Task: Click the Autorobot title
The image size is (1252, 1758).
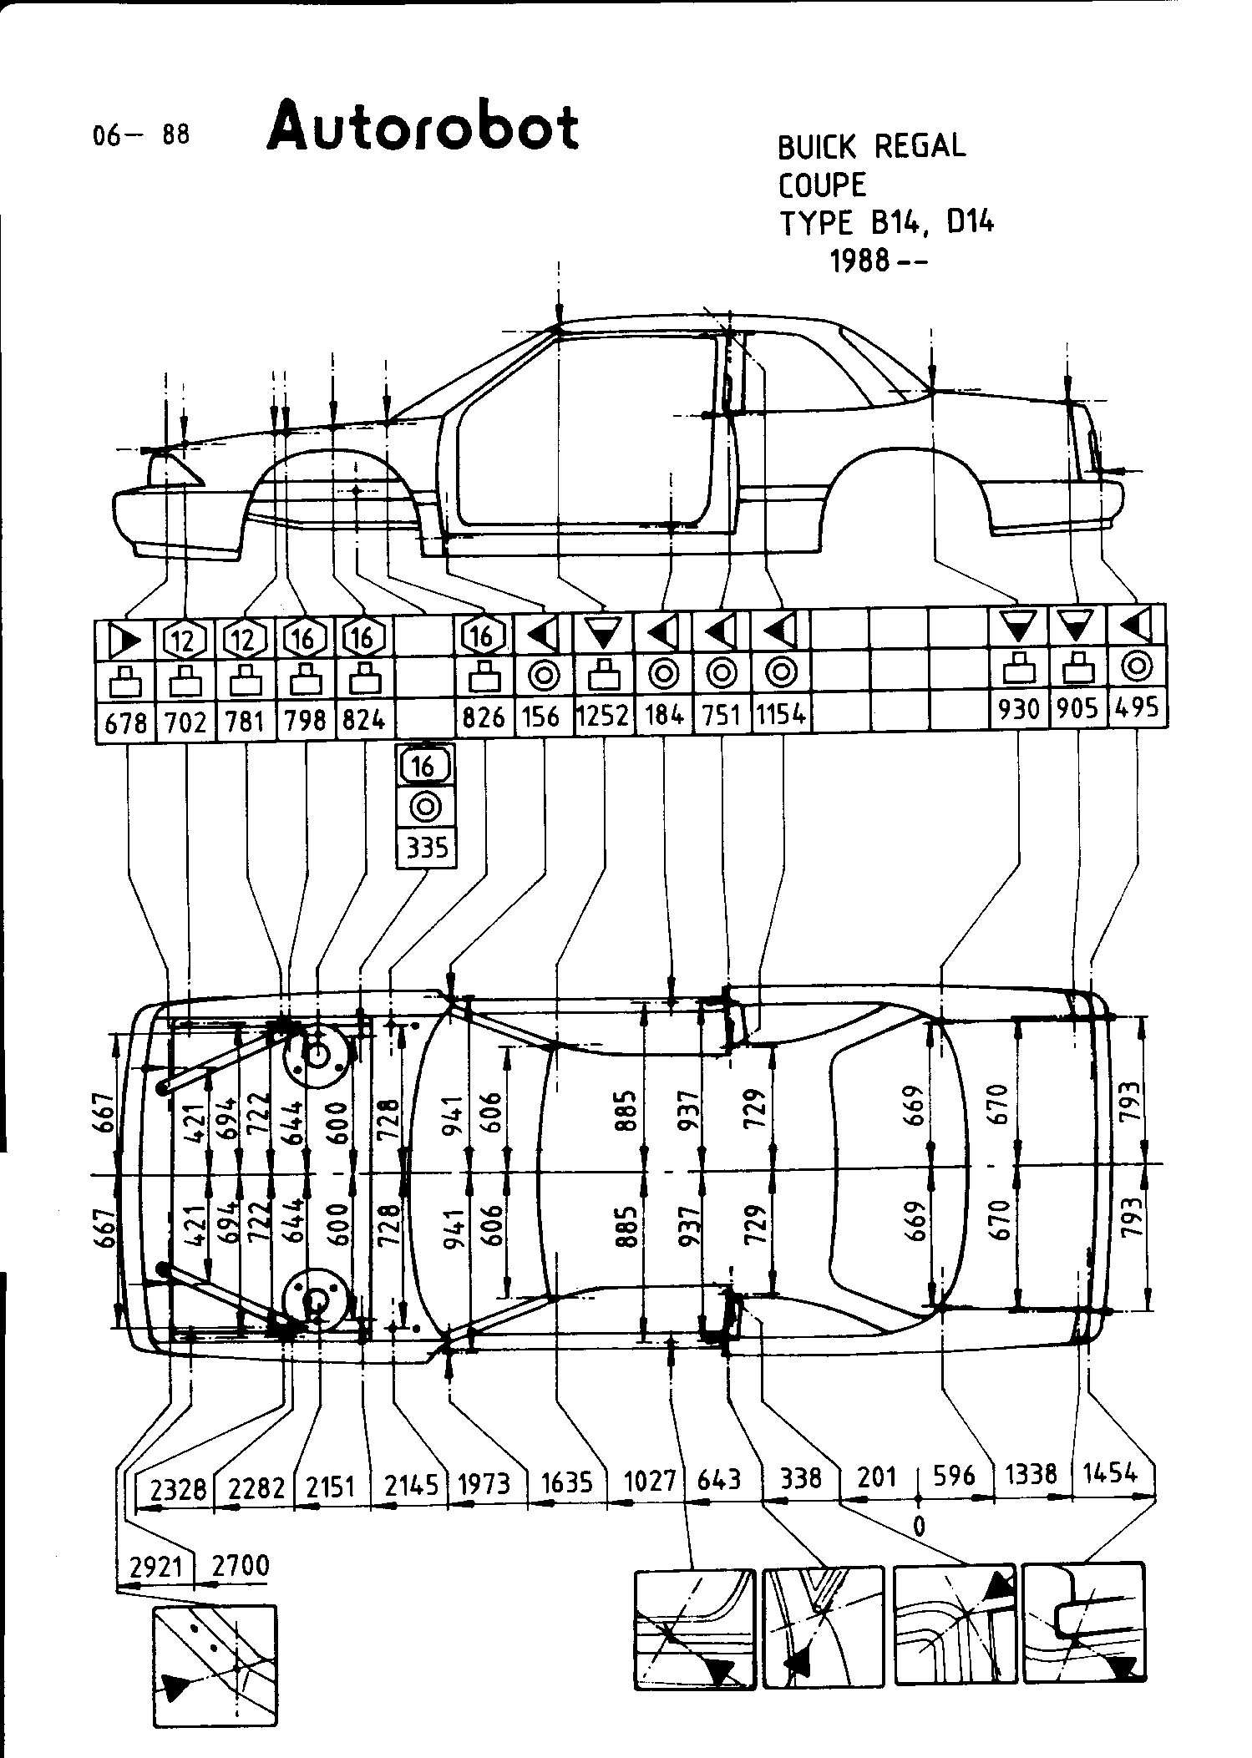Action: (423, 127)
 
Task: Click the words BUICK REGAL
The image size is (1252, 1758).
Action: (871, 146)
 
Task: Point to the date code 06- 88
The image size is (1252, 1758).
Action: (141, 134)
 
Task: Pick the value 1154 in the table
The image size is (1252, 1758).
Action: (781, 716)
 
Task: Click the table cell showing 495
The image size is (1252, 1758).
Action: (1138, 707)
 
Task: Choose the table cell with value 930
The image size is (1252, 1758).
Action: (1019, 709)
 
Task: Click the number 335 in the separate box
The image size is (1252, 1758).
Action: (427, 849)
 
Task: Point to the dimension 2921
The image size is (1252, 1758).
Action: (157, 1568)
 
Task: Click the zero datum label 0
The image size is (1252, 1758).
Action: (919, 1526)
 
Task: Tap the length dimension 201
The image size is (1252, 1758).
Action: (877, 1477)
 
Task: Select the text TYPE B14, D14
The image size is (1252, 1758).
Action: (887, 223)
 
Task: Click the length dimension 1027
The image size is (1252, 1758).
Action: (650, 1481)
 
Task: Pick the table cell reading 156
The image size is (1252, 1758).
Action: (543, 717)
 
